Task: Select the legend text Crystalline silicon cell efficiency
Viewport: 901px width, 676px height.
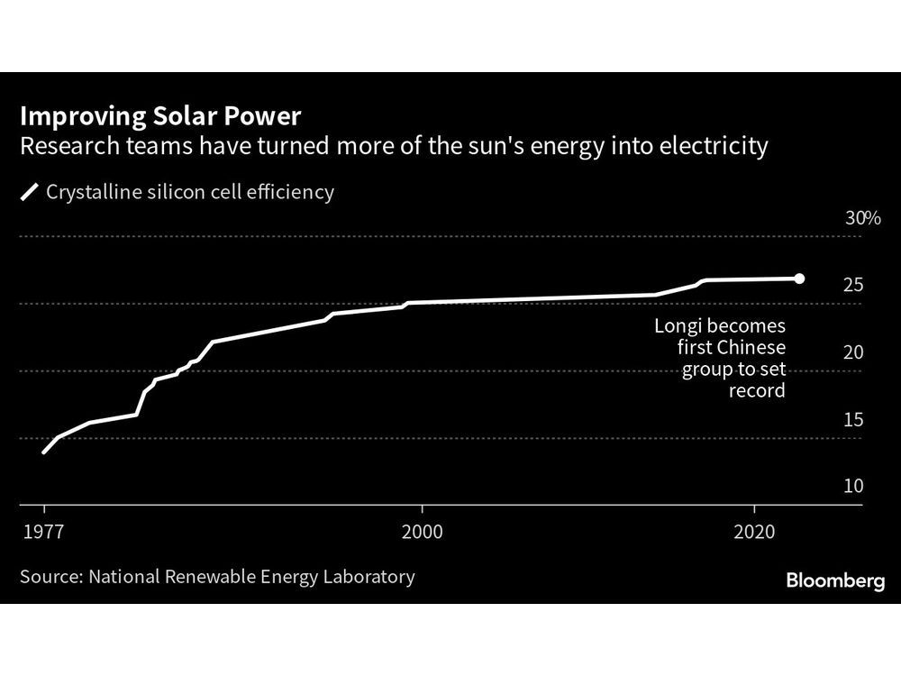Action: [189, 192]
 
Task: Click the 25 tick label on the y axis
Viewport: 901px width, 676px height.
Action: [853, 286]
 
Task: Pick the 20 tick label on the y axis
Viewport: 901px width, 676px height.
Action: [853, 352]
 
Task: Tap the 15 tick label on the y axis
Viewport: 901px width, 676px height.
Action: [853, 420]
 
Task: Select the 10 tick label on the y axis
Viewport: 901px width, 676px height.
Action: [853, 487]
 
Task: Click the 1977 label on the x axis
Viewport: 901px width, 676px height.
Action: [43, 532]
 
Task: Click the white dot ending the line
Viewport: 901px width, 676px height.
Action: [798, 279]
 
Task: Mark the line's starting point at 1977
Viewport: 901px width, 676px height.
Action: [43, 452]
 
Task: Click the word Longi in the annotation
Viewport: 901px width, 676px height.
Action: [677, 325]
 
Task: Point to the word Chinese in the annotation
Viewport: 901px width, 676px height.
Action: [751, 347]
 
